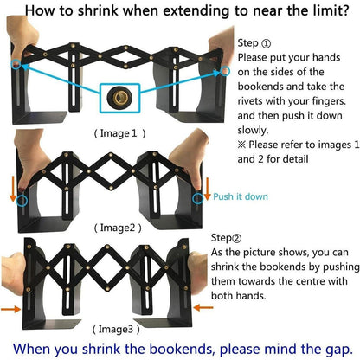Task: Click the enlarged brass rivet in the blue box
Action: pyautogui.click(x=119, y=98)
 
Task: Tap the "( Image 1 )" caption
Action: pyautogui.click(x=119, y=133)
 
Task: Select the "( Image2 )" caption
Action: pyautogui.click(x=118, y=228)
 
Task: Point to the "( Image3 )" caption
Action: pyautogui.click(x=116, y=329)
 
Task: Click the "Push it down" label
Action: pyautogui.click(x=241, y=196)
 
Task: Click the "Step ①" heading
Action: pyautogui.click(x=254, y=43)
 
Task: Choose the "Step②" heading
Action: pyautogui.click(x=226, y=238)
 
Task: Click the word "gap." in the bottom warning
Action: pyautogui.click(x=339, y=349)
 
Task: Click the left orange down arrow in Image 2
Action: pyautogui.click(x=13, y=189)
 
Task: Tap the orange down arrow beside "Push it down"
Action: pyautogui.click(x=207, y=189)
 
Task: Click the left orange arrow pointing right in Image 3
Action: pyautogui.click(x=11, y=309)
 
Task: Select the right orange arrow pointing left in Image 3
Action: pyautogui.click(x=203, y=308)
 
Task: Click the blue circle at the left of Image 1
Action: pyautogui.click(x=16, y=64)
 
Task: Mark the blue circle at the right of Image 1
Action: pyautogui.click(x=225, y=71)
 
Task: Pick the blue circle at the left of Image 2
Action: pyautogui.click(x=22, y=201)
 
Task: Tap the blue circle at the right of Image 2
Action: pyautogui.click(x=198, y=198)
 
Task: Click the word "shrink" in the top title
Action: pyautogui.click(x=98, y=10)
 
